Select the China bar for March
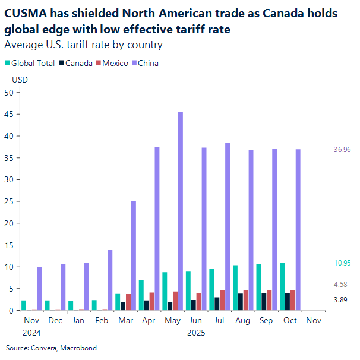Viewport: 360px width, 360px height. pos(134,255)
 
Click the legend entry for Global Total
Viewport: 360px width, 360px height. pos(30,63)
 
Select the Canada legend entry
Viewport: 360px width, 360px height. pos(75,63)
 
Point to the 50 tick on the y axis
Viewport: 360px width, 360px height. pos(8,92)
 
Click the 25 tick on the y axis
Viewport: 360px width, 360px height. pos(8,201)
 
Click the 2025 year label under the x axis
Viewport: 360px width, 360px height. pos(196,333)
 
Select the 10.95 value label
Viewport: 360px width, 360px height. pos(343,263)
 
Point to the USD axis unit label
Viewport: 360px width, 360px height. pos(20,79)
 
